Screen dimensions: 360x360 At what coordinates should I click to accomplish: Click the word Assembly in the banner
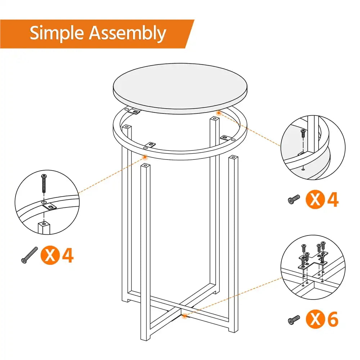pos(127,34)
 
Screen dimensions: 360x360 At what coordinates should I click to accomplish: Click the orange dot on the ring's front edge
pos(145,157)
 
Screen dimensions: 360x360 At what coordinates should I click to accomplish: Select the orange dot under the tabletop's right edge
pos(218,113)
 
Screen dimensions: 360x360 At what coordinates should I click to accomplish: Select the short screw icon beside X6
pos(294,319)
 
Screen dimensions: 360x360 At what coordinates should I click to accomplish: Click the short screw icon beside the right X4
pos(294,199)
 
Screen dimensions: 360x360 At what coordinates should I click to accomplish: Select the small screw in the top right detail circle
pos(303,132)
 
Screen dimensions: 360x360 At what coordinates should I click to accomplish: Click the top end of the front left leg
pos(145,166)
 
